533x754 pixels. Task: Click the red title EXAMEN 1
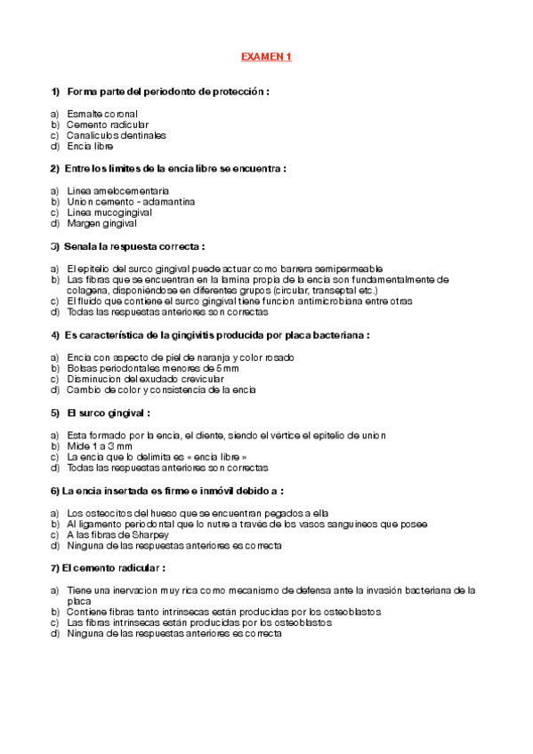pos(266,57)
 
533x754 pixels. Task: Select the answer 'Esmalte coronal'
pos(102,114)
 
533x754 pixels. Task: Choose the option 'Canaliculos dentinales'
pos(117,135)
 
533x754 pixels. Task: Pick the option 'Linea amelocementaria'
pos(118,190)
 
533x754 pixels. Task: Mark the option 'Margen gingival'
pos(102,223)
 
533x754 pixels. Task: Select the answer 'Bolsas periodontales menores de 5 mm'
pos(153,368)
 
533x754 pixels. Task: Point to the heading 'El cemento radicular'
pos(113,567)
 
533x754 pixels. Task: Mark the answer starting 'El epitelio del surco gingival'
pos(225,268)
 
